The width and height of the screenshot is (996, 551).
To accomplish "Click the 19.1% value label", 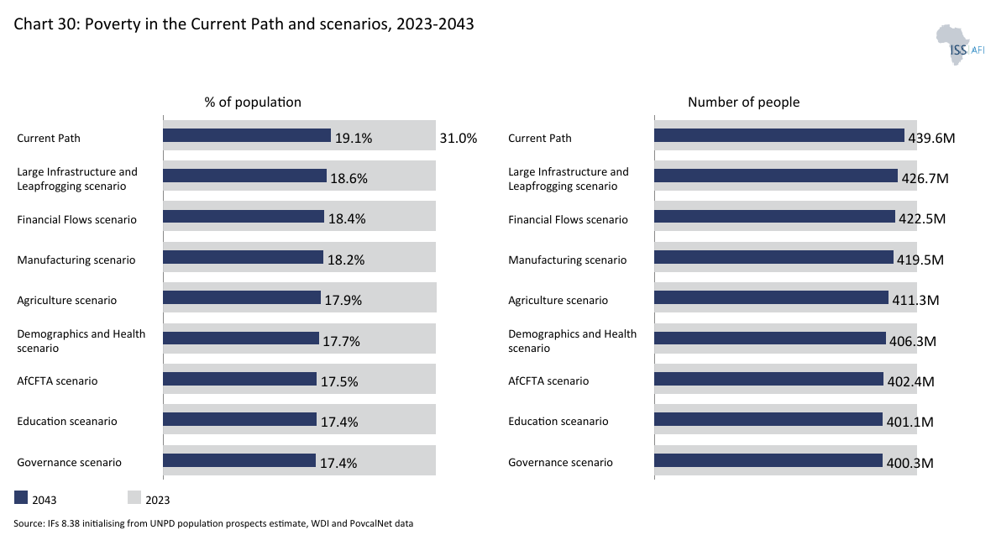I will (353, 138).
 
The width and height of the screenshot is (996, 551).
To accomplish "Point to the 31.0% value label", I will (458, 138).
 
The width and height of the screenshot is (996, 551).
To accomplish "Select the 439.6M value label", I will (930, 138).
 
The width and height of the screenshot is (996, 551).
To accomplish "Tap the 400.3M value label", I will (910, 463).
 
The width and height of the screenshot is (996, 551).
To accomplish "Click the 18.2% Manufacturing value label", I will (345, 260).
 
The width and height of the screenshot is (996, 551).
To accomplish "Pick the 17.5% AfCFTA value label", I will (339, 381).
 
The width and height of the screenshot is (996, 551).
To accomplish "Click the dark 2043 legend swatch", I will (22, 498).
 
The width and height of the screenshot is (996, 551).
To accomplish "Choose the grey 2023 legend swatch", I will (134, 498).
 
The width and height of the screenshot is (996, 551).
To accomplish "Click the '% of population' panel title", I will (253, 102).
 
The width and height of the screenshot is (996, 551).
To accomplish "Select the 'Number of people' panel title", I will (743, 102).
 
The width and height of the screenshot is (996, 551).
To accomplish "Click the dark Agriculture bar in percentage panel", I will (242, 297).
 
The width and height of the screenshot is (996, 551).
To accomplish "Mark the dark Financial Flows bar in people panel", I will (774, 217).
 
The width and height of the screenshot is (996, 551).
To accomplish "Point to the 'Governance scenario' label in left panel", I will (69, 463).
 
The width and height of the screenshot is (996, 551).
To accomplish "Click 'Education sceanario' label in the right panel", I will (558, 422).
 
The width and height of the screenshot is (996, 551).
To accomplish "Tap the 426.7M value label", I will (925, 179).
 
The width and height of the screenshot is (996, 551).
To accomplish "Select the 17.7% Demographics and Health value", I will (342, 341).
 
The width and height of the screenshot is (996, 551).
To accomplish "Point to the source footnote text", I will (213, 524).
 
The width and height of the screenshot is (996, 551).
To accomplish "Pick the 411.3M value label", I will (915, 301).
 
